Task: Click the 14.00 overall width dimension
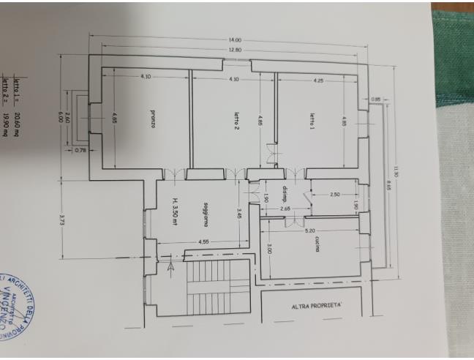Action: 234,40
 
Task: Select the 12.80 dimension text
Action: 234,50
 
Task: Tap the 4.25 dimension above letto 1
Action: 317,78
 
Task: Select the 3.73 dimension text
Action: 64,220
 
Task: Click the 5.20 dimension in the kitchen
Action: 311,231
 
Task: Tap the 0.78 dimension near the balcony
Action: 81,151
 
